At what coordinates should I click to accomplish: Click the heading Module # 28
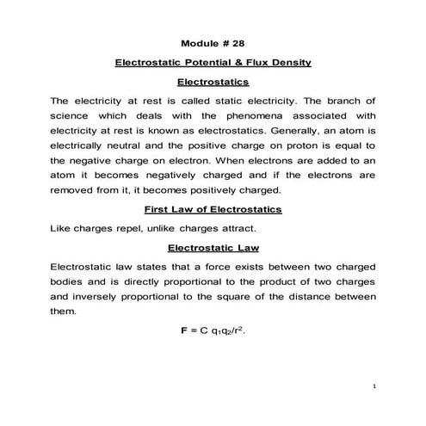click(213, 43)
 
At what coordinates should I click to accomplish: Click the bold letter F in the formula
click(177, 330)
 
